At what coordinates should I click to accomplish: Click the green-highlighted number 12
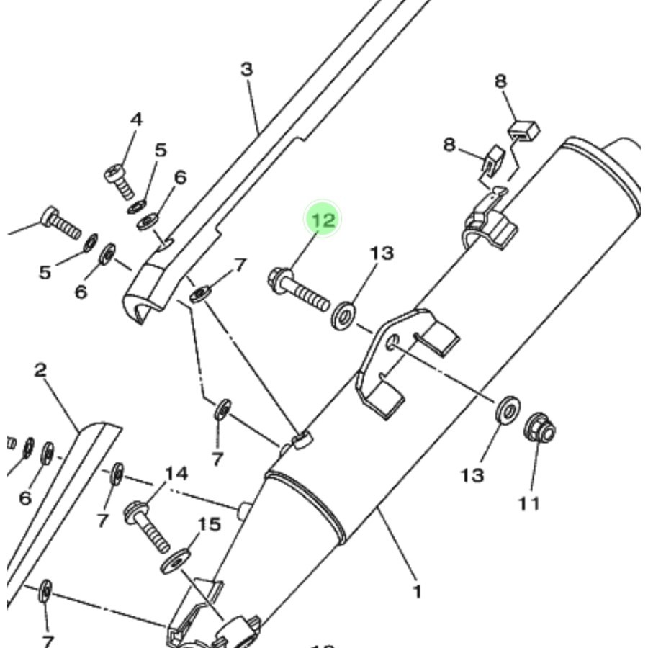pos(323,220)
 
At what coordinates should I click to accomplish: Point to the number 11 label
pos(528,503)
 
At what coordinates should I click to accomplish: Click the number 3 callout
pos(247,70)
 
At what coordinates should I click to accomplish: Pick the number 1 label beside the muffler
pos(416,592)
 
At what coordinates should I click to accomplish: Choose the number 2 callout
pos(40,371)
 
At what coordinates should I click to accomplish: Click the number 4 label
pos(136,120)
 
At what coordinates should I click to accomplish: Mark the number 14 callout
pos(176,473)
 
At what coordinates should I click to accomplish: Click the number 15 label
pos(209,524)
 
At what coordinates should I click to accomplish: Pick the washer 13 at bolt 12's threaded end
pos(343,315)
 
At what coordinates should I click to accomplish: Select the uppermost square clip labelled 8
pos(524,130)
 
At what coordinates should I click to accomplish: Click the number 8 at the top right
pos(500,81)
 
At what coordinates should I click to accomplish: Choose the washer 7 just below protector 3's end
pos(199,294)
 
